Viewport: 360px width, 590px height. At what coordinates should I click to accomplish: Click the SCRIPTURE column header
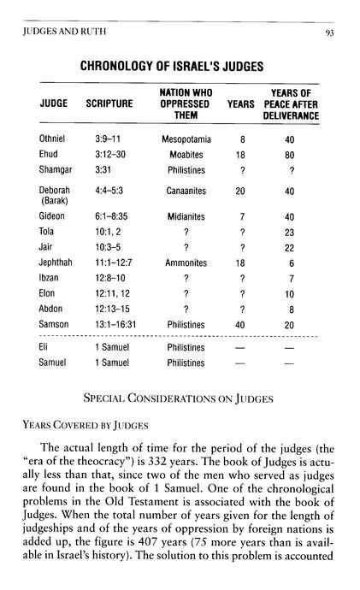[109, 103]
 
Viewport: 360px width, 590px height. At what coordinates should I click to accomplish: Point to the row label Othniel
[53, 139]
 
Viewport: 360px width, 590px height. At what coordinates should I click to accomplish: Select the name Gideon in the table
[52, 217]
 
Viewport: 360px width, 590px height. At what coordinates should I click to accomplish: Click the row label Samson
[54, 325]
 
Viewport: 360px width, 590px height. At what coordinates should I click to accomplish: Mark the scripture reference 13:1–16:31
[111, 325]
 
